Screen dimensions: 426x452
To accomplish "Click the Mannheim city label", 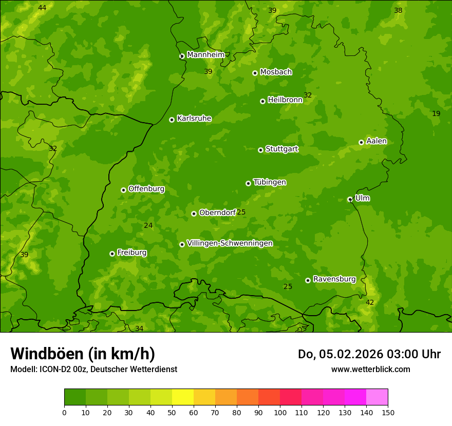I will click(x=205, y=55).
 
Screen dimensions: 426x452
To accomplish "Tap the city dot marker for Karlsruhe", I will click(x=172, y=120).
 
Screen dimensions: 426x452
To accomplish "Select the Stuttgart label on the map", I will click(x=281, y=149).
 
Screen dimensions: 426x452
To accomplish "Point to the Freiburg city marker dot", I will click(x=112, y=254).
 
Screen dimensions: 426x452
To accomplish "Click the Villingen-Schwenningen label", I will click(x=230, y=243).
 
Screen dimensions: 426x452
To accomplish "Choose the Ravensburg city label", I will click(x=334, y=279).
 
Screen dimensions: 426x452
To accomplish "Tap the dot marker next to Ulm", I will click(x=350, y=199).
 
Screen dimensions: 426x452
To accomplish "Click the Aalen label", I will click(x=376, y=141).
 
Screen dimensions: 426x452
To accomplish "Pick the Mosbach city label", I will click(x=276, y=72).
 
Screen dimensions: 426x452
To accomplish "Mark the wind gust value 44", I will click(x=42, y=8).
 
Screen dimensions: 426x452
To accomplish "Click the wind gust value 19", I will click(x=436, y=113).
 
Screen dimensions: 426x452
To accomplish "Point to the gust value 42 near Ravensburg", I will click(x=370, y=302).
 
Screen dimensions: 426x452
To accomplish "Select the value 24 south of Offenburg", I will click(x=148, y=225).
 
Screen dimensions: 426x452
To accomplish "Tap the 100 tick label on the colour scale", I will click(x=280, y=412).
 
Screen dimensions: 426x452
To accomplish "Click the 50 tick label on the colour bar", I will click(x=172, y=412).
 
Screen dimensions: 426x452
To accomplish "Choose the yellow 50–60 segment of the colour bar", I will click(x=183, y=397).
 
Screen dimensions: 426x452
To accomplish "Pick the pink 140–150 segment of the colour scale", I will click(x=377, y=397).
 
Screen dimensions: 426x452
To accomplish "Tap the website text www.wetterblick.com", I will click(x=370, y=369).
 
